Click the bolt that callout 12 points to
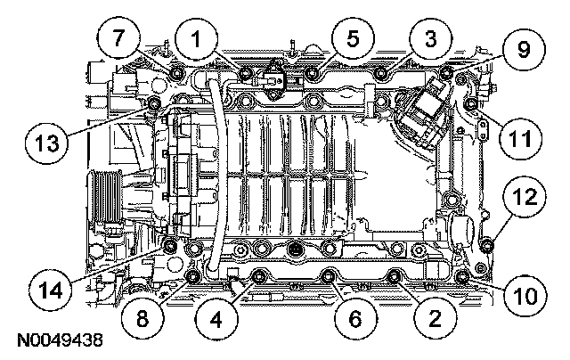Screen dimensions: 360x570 [486, 244]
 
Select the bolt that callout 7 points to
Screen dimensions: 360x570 [175, 70]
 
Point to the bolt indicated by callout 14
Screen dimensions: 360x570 [170, 245]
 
